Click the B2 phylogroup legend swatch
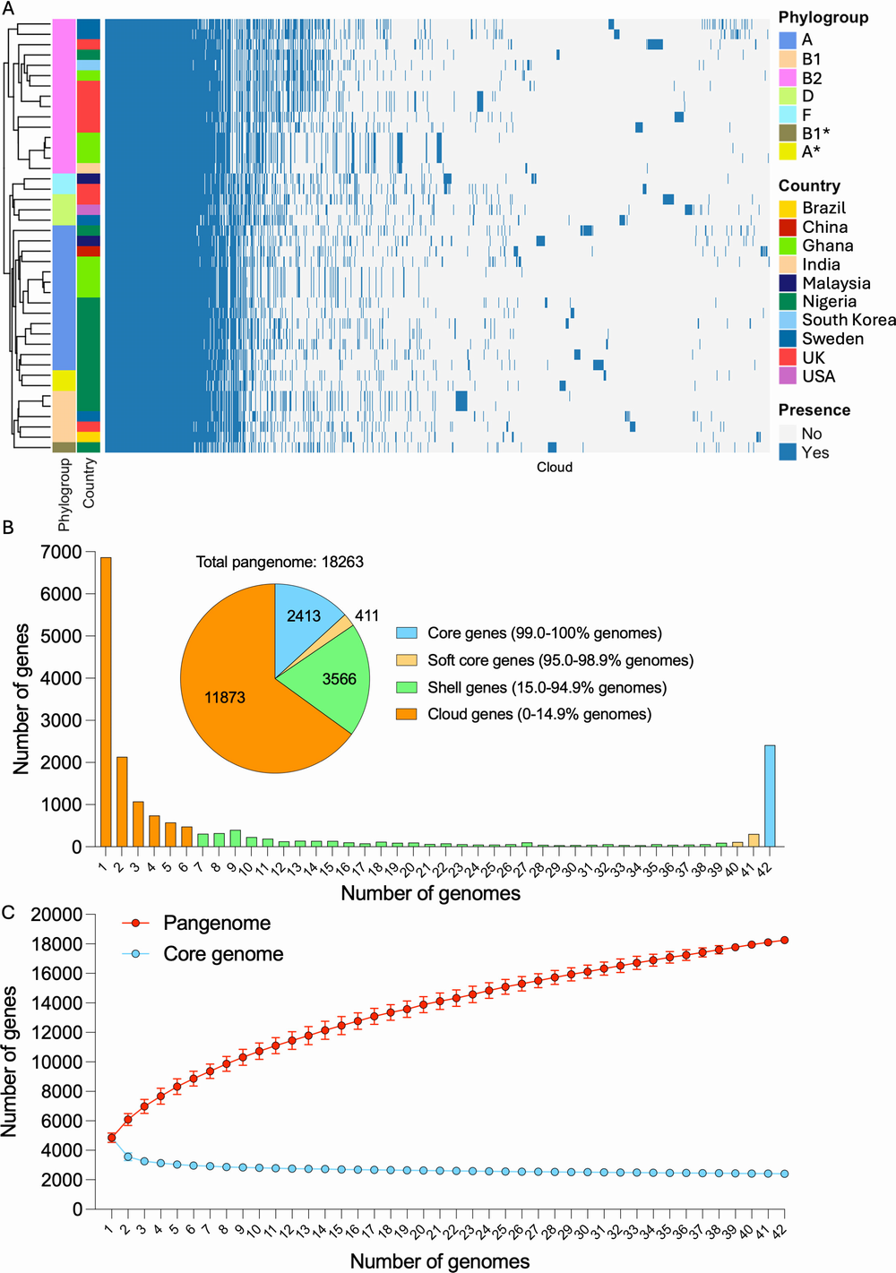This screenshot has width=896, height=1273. [x=788, y=78]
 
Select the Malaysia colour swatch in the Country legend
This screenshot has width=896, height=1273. [x=788, y=283]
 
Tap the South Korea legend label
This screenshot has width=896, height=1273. [x=848, y=320]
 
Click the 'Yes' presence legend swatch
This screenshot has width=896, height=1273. [x=788, y=452]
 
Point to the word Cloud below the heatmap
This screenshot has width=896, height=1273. [x=555, y=467]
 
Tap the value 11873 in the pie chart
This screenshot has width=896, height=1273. [x=224, y=697]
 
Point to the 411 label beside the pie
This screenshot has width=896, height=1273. [x=366, y=615]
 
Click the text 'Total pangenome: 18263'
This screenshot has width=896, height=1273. [x=280, y=562]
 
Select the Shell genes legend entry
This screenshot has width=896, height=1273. [x=546, y=687]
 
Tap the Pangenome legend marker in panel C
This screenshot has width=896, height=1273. [x=136, y=924]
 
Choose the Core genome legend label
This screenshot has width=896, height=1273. [x=223, y=954]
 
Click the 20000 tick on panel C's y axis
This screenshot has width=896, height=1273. [x=56, y=915]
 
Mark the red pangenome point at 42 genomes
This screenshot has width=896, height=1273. [x=785, y=940]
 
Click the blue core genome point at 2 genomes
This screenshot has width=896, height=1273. [x=128, y=1157]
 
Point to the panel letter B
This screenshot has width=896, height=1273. [x=8, y=528]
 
